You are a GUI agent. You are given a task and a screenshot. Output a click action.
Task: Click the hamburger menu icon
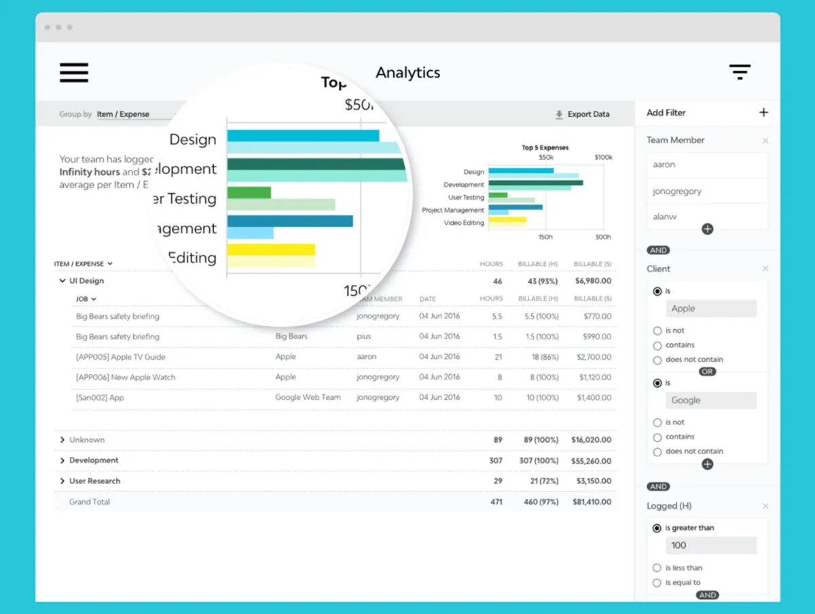[74, 73]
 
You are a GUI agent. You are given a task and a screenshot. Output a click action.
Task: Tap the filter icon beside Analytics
[740, 72]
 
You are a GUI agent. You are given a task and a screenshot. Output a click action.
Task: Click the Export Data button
[582, 114]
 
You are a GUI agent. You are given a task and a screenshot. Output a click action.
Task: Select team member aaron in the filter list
[664, 165]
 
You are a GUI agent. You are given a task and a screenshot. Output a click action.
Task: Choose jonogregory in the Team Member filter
[677, 191]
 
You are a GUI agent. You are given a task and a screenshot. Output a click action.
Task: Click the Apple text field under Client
[711, 309]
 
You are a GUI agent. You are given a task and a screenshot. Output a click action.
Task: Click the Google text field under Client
[711, 400]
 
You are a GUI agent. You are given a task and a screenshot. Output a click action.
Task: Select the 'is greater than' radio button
[657, 528]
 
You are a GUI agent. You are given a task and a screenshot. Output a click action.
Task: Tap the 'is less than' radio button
[657, 568]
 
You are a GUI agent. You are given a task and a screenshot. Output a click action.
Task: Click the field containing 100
[711, 545]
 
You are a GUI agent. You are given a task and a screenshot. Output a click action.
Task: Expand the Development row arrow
[62, 460]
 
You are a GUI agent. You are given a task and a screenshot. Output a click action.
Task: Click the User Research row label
[94, 481]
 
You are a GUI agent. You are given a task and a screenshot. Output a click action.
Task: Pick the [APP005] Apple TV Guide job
[120, 357]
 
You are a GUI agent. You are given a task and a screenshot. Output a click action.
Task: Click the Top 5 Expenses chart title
[545, 148]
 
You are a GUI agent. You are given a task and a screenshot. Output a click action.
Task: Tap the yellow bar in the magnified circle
[271, 250]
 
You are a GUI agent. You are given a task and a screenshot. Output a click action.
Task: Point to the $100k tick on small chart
[603, 157]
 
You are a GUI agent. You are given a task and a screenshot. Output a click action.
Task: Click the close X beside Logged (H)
[765, 507]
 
